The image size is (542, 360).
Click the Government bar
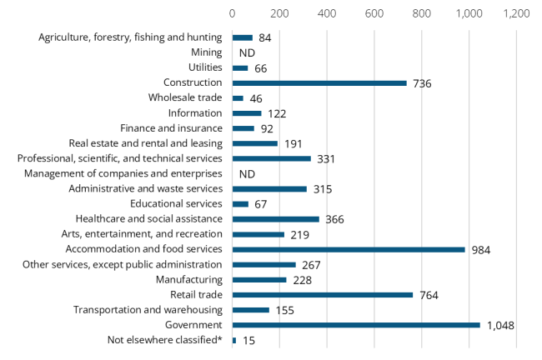[x=356, y=325]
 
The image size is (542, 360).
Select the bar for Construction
[x=319, y=82]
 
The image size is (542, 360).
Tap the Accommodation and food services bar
[x=349, y=249]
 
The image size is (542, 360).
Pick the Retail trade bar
[x=323, y=294]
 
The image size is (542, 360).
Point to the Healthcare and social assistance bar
[x=275, y=219]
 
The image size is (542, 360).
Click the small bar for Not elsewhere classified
[x=234, y=340]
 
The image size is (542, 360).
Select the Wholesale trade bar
[x=238, y=98]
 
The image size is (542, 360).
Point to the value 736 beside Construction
[x=423, y=82]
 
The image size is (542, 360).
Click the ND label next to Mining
[x=247, y=52]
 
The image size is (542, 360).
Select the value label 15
[x=248, y=340]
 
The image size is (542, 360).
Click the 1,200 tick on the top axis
[x=517, y=13]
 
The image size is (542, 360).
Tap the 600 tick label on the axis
[x=374, y=13]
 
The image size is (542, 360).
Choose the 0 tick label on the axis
[x=233, y=13]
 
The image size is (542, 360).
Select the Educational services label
[x=176, y=204]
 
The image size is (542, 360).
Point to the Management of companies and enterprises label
[x=123, y=173]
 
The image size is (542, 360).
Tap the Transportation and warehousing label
[x=148, y=310]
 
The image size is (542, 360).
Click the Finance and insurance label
[x=171, y=128]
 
